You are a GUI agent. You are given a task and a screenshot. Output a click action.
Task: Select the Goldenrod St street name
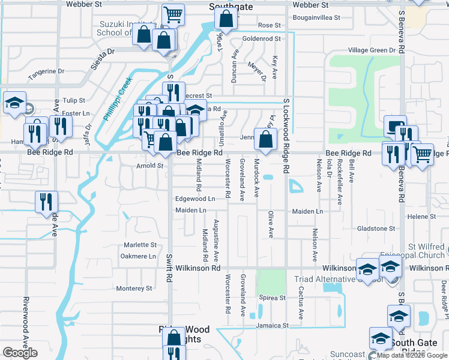point(262,38)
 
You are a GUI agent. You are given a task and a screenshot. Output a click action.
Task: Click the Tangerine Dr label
point(46,71)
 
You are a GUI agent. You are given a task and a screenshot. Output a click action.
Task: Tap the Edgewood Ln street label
point(195,199)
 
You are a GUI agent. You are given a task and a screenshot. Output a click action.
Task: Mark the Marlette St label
point(140,245)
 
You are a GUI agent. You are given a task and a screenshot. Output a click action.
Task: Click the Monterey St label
point(135,289)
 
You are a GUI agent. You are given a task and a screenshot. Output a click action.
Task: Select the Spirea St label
point(273,298)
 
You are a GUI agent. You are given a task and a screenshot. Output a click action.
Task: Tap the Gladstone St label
point(376,229)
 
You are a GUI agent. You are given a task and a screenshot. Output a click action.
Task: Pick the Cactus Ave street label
point(301,307)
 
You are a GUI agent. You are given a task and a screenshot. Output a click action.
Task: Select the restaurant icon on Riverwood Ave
point(46,202)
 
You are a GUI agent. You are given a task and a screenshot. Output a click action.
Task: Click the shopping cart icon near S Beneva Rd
point(423,155)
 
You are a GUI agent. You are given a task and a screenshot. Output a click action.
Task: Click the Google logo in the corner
point(20,353)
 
